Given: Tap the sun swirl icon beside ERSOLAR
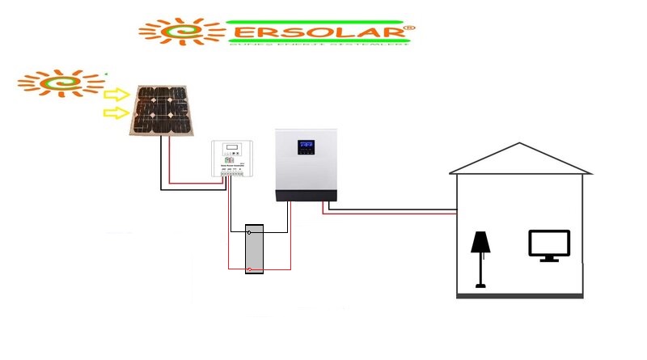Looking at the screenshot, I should (x=183, y=32).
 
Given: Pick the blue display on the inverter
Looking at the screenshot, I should (x=306, y=148).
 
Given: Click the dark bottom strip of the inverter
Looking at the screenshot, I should (x=306, y=195).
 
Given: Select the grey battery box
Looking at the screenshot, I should (x=255, y=248).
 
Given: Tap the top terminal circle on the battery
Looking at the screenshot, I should (x=255, y=232).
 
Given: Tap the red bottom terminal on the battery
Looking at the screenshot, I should (x=255, y=267).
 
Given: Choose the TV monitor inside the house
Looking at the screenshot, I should (x=549, y=245).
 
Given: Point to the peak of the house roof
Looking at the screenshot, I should (x=518, y=144).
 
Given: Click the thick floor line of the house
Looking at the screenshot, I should (x=519, y=296).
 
